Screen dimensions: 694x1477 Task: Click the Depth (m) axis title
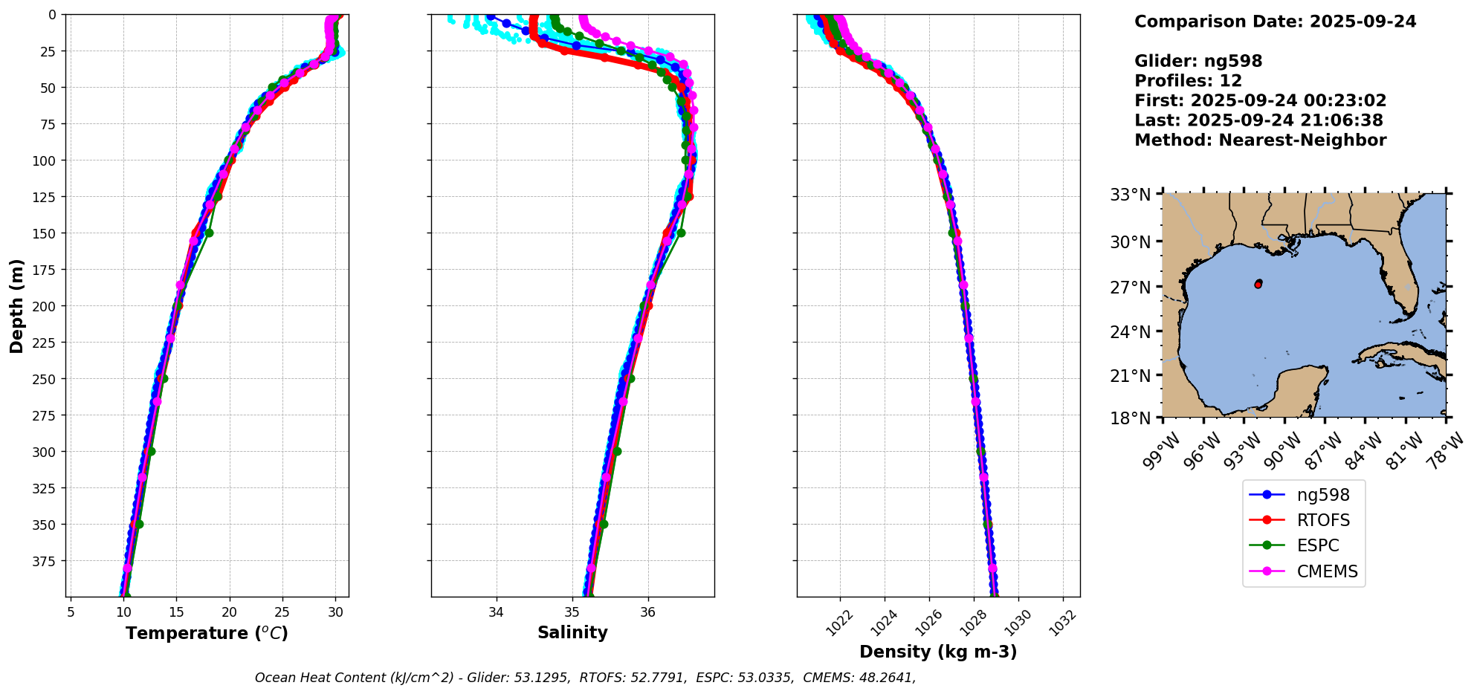[17, 305]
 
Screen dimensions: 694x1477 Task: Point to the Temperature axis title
[207, 633]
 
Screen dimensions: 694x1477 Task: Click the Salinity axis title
[572, 632]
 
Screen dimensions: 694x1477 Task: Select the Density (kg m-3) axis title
[938, 652]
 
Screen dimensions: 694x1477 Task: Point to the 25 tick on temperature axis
[282, 612]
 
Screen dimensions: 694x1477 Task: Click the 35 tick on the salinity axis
[572, 612]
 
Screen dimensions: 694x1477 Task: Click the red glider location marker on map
[1258, 284]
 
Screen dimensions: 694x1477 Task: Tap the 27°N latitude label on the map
[1130, 287]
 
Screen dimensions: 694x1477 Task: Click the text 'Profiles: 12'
[1188, 81]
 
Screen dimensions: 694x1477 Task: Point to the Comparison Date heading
[1275, 22]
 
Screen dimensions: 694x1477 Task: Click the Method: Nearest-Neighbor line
[1260, 140]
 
